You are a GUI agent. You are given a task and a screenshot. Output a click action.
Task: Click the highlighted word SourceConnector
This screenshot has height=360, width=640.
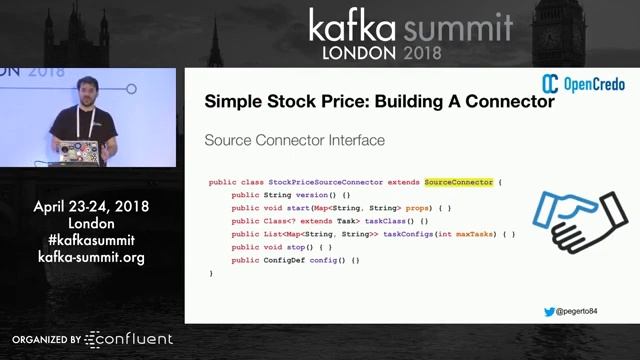(459, 182)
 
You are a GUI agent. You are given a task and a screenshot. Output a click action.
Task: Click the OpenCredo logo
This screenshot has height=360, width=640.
(584, 84)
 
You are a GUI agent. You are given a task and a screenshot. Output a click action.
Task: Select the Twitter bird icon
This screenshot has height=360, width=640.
(549, 311)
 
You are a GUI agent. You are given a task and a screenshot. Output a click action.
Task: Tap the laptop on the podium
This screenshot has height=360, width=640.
(78, 152)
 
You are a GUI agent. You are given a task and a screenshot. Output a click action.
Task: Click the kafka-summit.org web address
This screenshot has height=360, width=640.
(91, 257)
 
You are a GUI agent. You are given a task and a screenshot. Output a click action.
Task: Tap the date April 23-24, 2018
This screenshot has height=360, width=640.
(91, 207)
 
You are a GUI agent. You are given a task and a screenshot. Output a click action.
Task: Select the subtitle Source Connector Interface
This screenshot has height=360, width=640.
(294, 140)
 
